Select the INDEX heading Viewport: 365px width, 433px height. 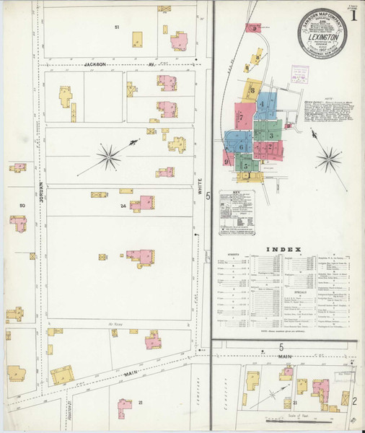click(283, 250)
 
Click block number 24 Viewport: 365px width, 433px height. click(123, 206)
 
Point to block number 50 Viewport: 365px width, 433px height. click(22, 206)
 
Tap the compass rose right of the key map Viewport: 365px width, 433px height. click(328, 157)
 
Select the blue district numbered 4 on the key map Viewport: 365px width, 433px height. click(263, 104)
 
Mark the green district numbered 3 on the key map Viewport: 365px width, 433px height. click(271, 134)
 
